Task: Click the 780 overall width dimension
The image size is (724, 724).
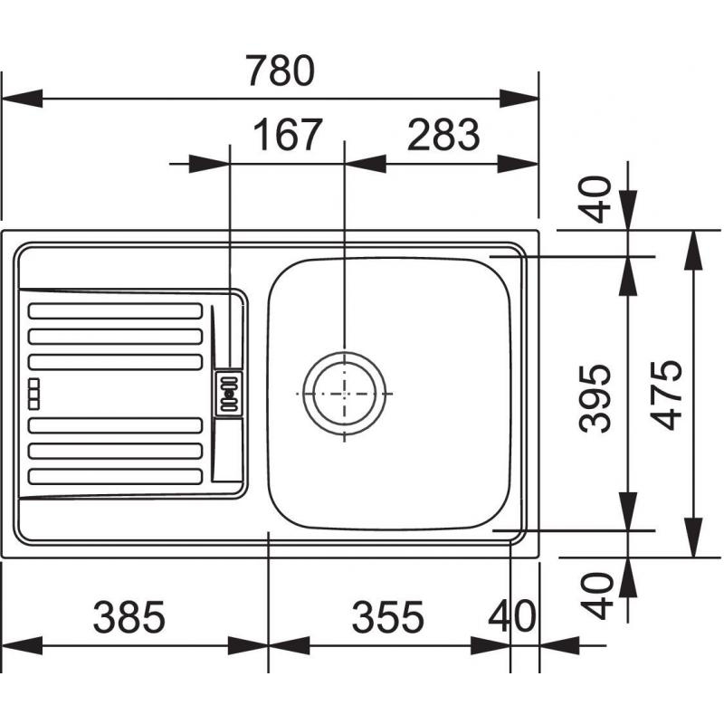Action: (x=280, y=71)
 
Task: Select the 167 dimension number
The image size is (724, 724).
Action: (x=287, y=134)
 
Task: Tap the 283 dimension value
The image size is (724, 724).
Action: (x=443, y=134)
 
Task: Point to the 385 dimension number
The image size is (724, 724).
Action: (x=129, y=617)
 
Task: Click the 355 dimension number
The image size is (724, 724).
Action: (x=387, y=617)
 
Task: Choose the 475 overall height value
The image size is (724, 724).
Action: (x=666, y=395)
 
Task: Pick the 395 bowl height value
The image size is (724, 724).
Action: (x=595, y=398)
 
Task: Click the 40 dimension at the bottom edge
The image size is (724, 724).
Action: (x=512, y=617)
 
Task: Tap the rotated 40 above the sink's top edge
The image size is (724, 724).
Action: (x=595, y=199)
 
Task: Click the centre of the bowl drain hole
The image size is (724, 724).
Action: (x=345, y=394)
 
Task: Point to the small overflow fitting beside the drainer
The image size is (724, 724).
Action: (x=229, y=394)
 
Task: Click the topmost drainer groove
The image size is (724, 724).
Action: (x=116, y=310)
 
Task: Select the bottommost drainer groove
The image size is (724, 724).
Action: (x=116, y=477)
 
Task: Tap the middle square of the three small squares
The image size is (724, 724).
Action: (x=33, y=394)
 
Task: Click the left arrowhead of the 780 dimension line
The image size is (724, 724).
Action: (x=22, y=99)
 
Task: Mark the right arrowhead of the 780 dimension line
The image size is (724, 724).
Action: (x=519, y=99)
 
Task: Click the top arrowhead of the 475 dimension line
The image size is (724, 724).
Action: (x=692, y=250)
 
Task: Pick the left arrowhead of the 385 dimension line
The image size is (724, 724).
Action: (x=22, y=645)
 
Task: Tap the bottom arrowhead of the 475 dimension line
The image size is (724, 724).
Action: (x=692, y=538)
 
